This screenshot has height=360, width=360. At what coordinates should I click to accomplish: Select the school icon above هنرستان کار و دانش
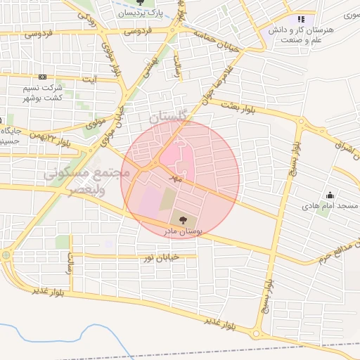pyautogui.click(x=301, y=20)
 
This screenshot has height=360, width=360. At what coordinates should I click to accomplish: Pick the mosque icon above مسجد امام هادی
pyautogui.click(x=328, y=195)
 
